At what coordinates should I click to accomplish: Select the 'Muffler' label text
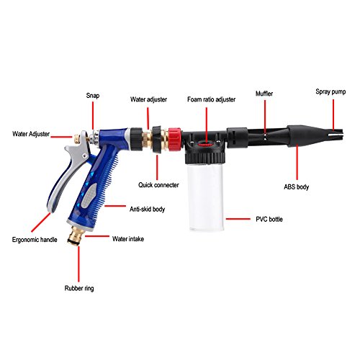tap(264, 94)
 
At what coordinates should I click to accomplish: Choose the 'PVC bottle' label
tap(260, 217)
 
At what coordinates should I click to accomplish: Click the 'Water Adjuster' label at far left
tap(35, 133)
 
